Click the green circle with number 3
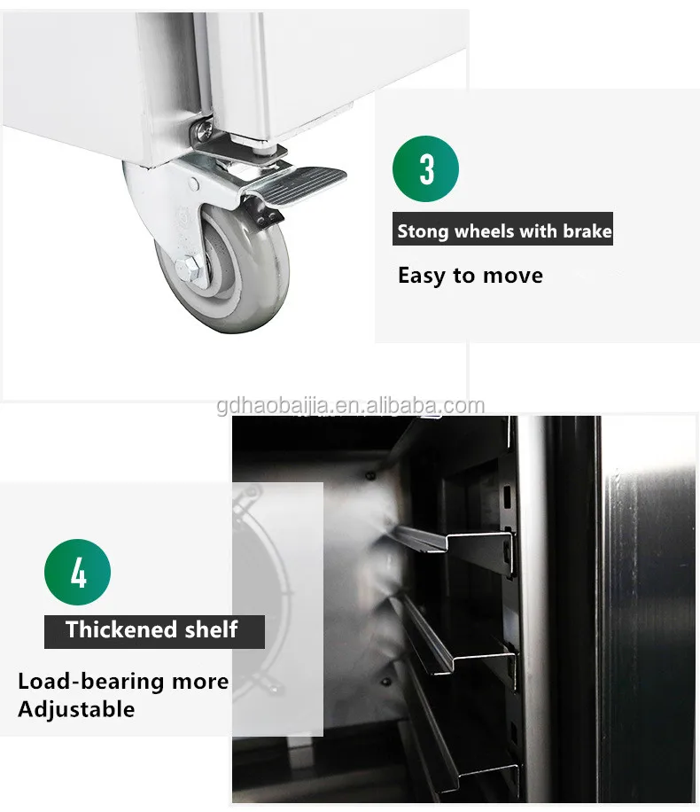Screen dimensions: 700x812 (425, 168)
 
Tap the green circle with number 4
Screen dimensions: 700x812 (78, 573)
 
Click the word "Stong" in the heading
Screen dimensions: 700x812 (423, 231)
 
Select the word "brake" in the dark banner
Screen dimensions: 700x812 (587, 230)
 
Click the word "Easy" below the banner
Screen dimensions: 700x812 (422, 276)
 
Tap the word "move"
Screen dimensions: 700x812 (512, 276)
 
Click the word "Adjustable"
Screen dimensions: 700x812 (76, 709)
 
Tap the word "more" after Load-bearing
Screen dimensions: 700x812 (200, 683)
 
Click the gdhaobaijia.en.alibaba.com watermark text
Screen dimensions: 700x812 (351, 406)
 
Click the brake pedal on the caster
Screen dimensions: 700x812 (303, 183)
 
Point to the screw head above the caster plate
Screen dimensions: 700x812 (201, 129)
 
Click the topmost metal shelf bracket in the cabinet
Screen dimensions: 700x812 (450, 545)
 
